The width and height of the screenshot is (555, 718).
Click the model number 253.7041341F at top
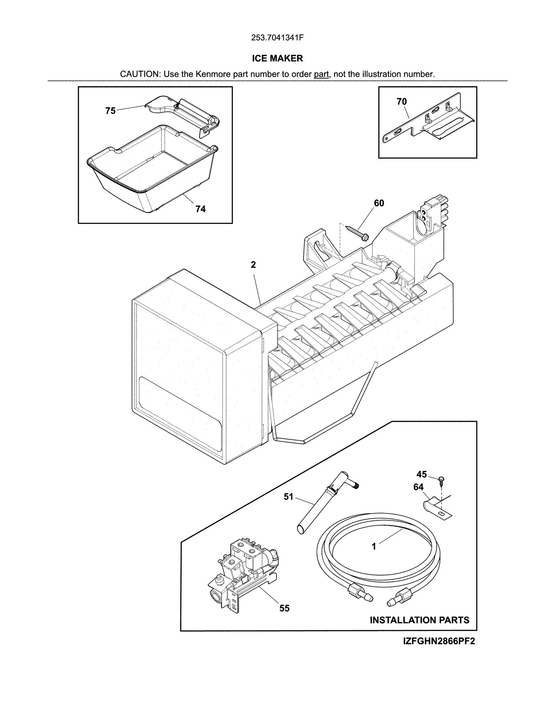[x=277, y=38]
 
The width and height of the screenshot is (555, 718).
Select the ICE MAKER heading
[x=277, y=58]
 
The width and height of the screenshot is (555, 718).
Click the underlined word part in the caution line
[x=321, y=74]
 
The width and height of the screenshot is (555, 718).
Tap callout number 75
[x=110, y=111]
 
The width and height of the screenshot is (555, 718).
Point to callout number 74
[x=200, y=209]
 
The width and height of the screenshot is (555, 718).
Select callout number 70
[x=402, y=102]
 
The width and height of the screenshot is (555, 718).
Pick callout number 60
[x=379, y=203]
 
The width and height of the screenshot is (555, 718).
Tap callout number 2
[x=253, y=265]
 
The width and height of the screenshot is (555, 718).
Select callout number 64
[x=418, y=487]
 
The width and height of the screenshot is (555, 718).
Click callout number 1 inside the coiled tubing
[x=374, y=547]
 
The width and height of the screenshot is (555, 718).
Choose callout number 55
[x=284, y=608]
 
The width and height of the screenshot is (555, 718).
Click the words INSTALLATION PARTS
[x=419, y=620]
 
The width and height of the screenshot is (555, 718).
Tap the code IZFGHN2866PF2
[x=439, y=641]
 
